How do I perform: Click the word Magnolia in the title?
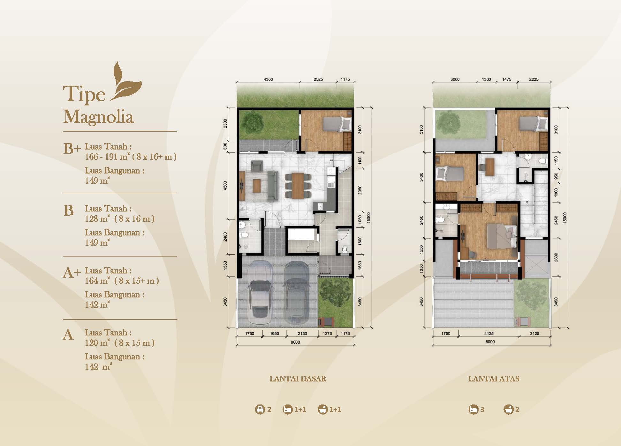(x=98, y=117)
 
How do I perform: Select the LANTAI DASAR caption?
(x=298, y=379)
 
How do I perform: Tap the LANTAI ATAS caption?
(x=494, y=379)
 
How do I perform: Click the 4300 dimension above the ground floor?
(x=268, y=79)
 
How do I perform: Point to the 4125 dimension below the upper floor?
(x=489, y=333)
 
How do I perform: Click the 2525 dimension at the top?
(x=318, y=79)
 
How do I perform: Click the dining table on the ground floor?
(x=298, y=186)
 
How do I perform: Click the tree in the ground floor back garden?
(x=252, y=121)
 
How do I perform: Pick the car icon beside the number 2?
(x=260, y=409)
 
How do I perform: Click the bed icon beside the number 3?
(x=473, y=409)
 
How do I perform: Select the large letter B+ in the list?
(x=72, y=149)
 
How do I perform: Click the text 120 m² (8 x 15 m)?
(x=120, y=343)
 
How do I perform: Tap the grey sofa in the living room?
(x=273, y=186)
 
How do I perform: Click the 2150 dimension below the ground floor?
(x=302, y=334)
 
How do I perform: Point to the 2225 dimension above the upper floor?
(x=534, y=79)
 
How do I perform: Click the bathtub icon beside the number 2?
(x=509, y=409)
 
